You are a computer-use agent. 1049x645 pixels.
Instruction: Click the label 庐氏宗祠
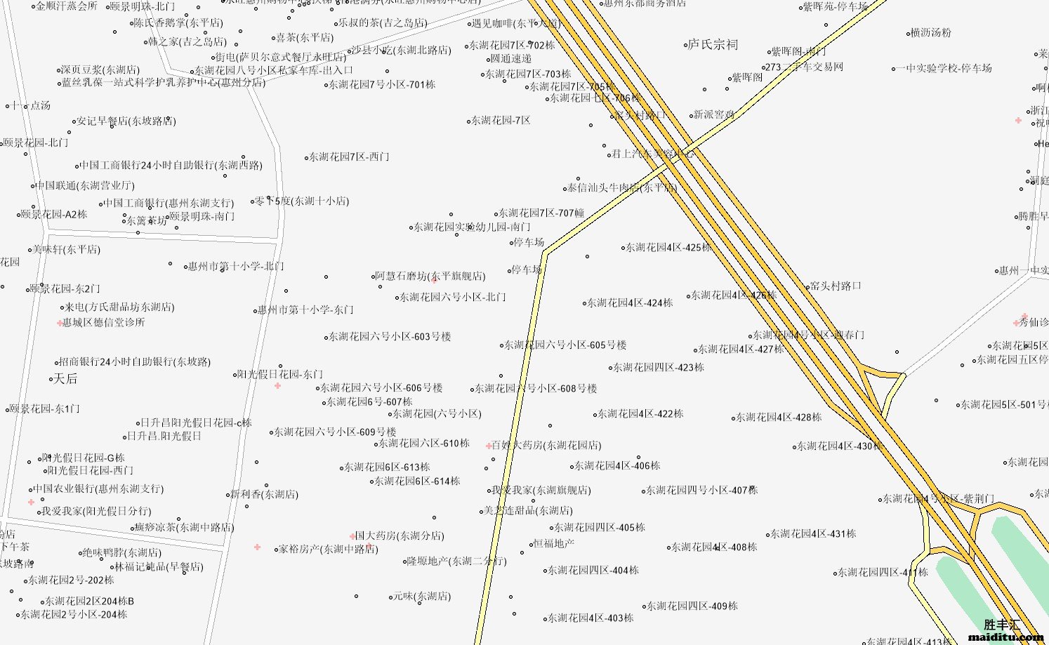point(713,45)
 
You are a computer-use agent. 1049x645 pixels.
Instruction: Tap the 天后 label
point(65,379)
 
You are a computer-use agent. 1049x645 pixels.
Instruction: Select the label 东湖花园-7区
point(501,121)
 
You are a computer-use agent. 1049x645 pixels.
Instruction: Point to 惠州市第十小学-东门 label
point(305,310)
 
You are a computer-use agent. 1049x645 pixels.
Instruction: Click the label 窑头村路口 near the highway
point(836,286)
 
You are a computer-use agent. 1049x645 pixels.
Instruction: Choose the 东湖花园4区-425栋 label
point(668,247)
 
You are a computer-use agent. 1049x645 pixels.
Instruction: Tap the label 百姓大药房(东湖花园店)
point(546,445)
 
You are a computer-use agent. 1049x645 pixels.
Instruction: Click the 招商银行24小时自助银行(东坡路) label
point(135,362)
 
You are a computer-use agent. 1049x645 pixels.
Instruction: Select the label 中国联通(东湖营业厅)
point(85,186)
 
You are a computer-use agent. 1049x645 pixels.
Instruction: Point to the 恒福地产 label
point(554,543)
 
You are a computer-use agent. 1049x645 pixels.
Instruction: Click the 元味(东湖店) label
point(421,596)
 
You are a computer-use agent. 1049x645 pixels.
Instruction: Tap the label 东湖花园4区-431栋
point(813,534)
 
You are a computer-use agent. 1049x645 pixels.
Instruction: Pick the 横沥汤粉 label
point(930,33)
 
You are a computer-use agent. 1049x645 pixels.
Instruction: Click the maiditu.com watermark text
point(1005,637)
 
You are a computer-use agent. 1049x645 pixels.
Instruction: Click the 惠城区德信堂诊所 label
point(104,323)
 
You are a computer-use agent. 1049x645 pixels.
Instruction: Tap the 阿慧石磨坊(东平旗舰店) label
point(430,276)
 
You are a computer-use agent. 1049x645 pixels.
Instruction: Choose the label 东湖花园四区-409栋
point(692,606)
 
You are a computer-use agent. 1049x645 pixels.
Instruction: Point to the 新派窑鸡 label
point(714,114)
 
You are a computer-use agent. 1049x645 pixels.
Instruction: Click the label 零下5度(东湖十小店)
point(302,201)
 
